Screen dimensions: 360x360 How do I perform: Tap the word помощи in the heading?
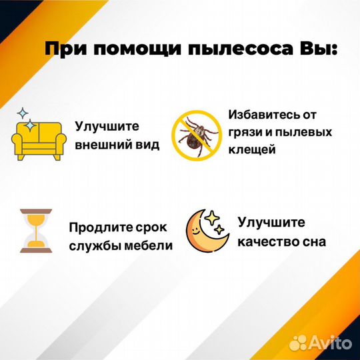click(x=135, y=50)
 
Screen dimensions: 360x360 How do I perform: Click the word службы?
click(x=93, y=246)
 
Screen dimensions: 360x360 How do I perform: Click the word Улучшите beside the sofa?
click(x=106, y=125)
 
